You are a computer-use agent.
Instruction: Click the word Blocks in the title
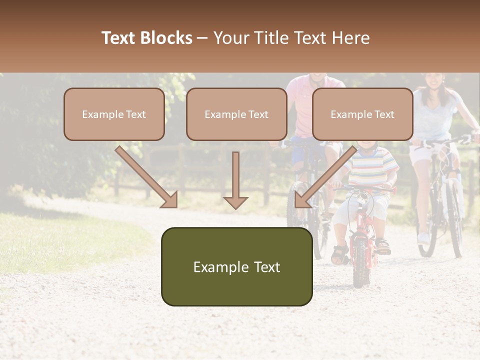tap(167, 38)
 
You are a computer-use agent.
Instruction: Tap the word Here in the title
tap(351, 38)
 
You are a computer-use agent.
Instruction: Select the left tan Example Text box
tap(114, 114)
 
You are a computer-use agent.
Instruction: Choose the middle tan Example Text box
tap(236, 114)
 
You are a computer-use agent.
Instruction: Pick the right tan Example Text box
tap(362, 114)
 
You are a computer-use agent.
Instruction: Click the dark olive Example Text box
tap(236, 266)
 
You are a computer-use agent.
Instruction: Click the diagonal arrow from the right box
tap(325, 177)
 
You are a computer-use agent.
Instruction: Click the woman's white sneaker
tap(423, 237)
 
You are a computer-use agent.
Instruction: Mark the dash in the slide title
tap(202, 38)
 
